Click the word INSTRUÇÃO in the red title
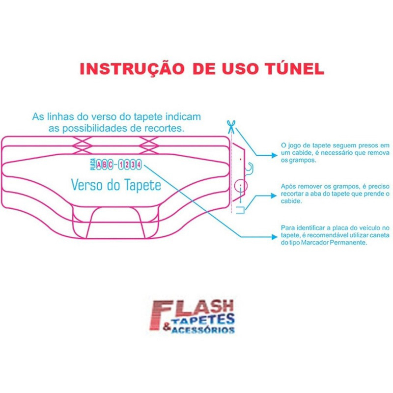[132, 69]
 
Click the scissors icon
[231, 127]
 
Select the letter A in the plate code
[99, 165]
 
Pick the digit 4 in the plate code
[139, 165]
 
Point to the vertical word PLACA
[93, 165]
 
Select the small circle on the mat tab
[241, 186]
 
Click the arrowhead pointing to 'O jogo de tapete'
[275, 155]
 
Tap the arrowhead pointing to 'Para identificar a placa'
[275, 237]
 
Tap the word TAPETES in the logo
[203, 320]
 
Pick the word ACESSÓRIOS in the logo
[202, 330]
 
